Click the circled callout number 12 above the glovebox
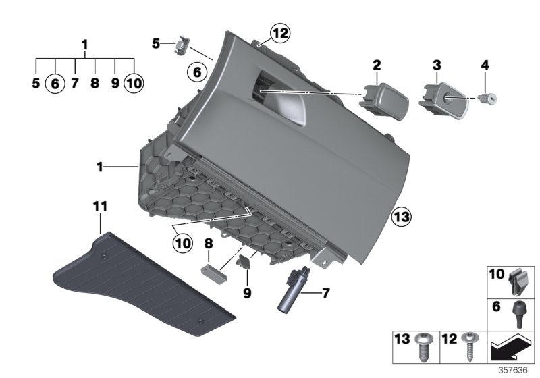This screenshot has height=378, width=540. [x=279, y=31]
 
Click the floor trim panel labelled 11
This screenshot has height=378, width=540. [x=142, y=284]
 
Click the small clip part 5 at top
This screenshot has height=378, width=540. [x=182, y=47]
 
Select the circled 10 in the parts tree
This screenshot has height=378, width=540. [x=134, y=83]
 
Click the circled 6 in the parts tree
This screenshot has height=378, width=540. [x=55, y=83]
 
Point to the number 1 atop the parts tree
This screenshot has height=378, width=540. [x=85, y=45]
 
